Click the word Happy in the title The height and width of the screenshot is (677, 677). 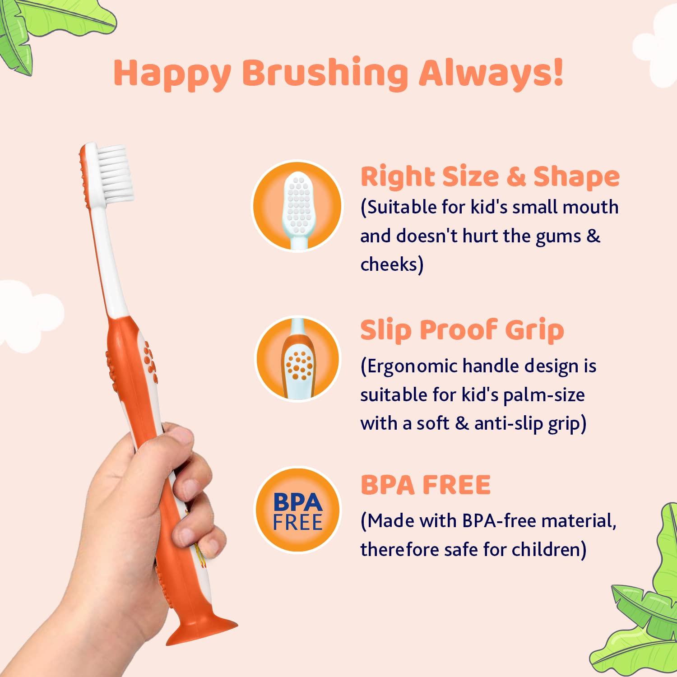click(172, 74)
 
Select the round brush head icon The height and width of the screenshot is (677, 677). click(297, 206)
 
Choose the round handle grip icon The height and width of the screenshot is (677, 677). click(297, 359)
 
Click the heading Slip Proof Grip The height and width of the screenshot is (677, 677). click(462, 330)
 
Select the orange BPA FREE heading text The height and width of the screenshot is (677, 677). click(425, 485)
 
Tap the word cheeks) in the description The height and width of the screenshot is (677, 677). click(391, 264)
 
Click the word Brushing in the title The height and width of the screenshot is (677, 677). click(325, 73)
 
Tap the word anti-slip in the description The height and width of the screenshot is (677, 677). click(508, 424)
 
